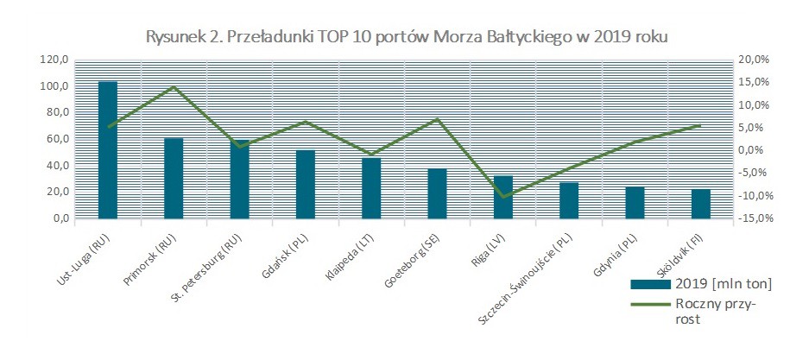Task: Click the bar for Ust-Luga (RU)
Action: pos(108,150)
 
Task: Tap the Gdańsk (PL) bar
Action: pos(306,184)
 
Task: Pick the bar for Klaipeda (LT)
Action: pos(371,188)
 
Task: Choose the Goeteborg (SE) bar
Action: pos(438,193)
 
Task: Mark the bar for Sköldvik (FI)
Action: pos(701,204)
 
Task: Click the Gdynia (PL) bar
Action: pos(635,203)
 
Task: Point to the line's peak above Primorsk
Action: pos(174,87)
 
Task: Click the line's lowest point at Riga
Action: pos(503,198)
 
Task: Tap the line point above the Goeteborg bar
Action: pos(438,119)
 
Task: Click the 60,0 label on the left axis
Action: pos(57,139)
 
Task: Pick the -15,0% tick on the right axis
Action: pos(751,218)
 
